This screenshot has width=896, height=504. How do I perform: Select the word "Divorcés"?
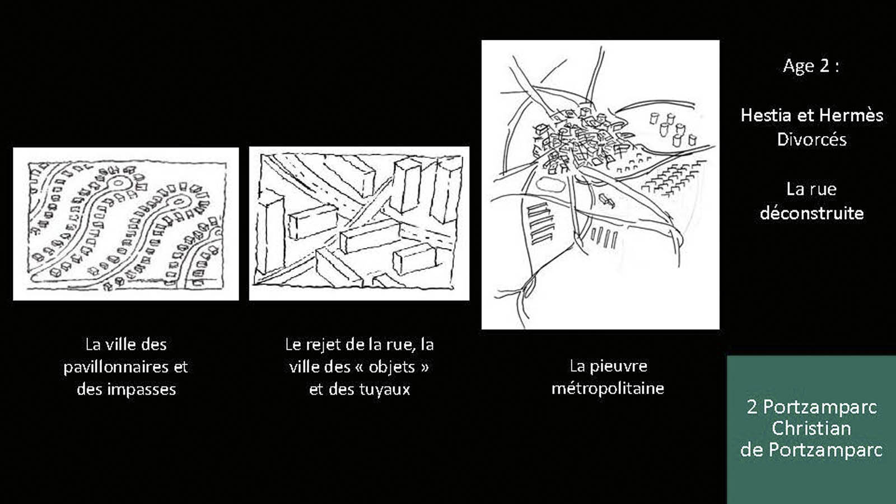coord(811,139)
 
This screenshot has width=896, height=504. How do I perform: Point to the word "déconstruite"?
coord(811,213)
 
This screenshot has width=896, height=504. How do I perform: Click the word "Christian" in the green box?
coord(811,428)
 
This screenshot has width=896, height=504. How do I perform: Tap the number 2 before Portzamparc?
coord(752,407)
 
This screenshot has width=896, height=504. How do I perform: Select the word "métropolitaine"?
coord(608,389)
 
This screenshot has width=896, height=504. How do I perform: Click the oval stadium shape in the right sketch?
coord(550,184)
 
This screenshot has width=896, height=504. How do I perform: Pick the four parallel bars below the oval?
coord(604,238)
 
